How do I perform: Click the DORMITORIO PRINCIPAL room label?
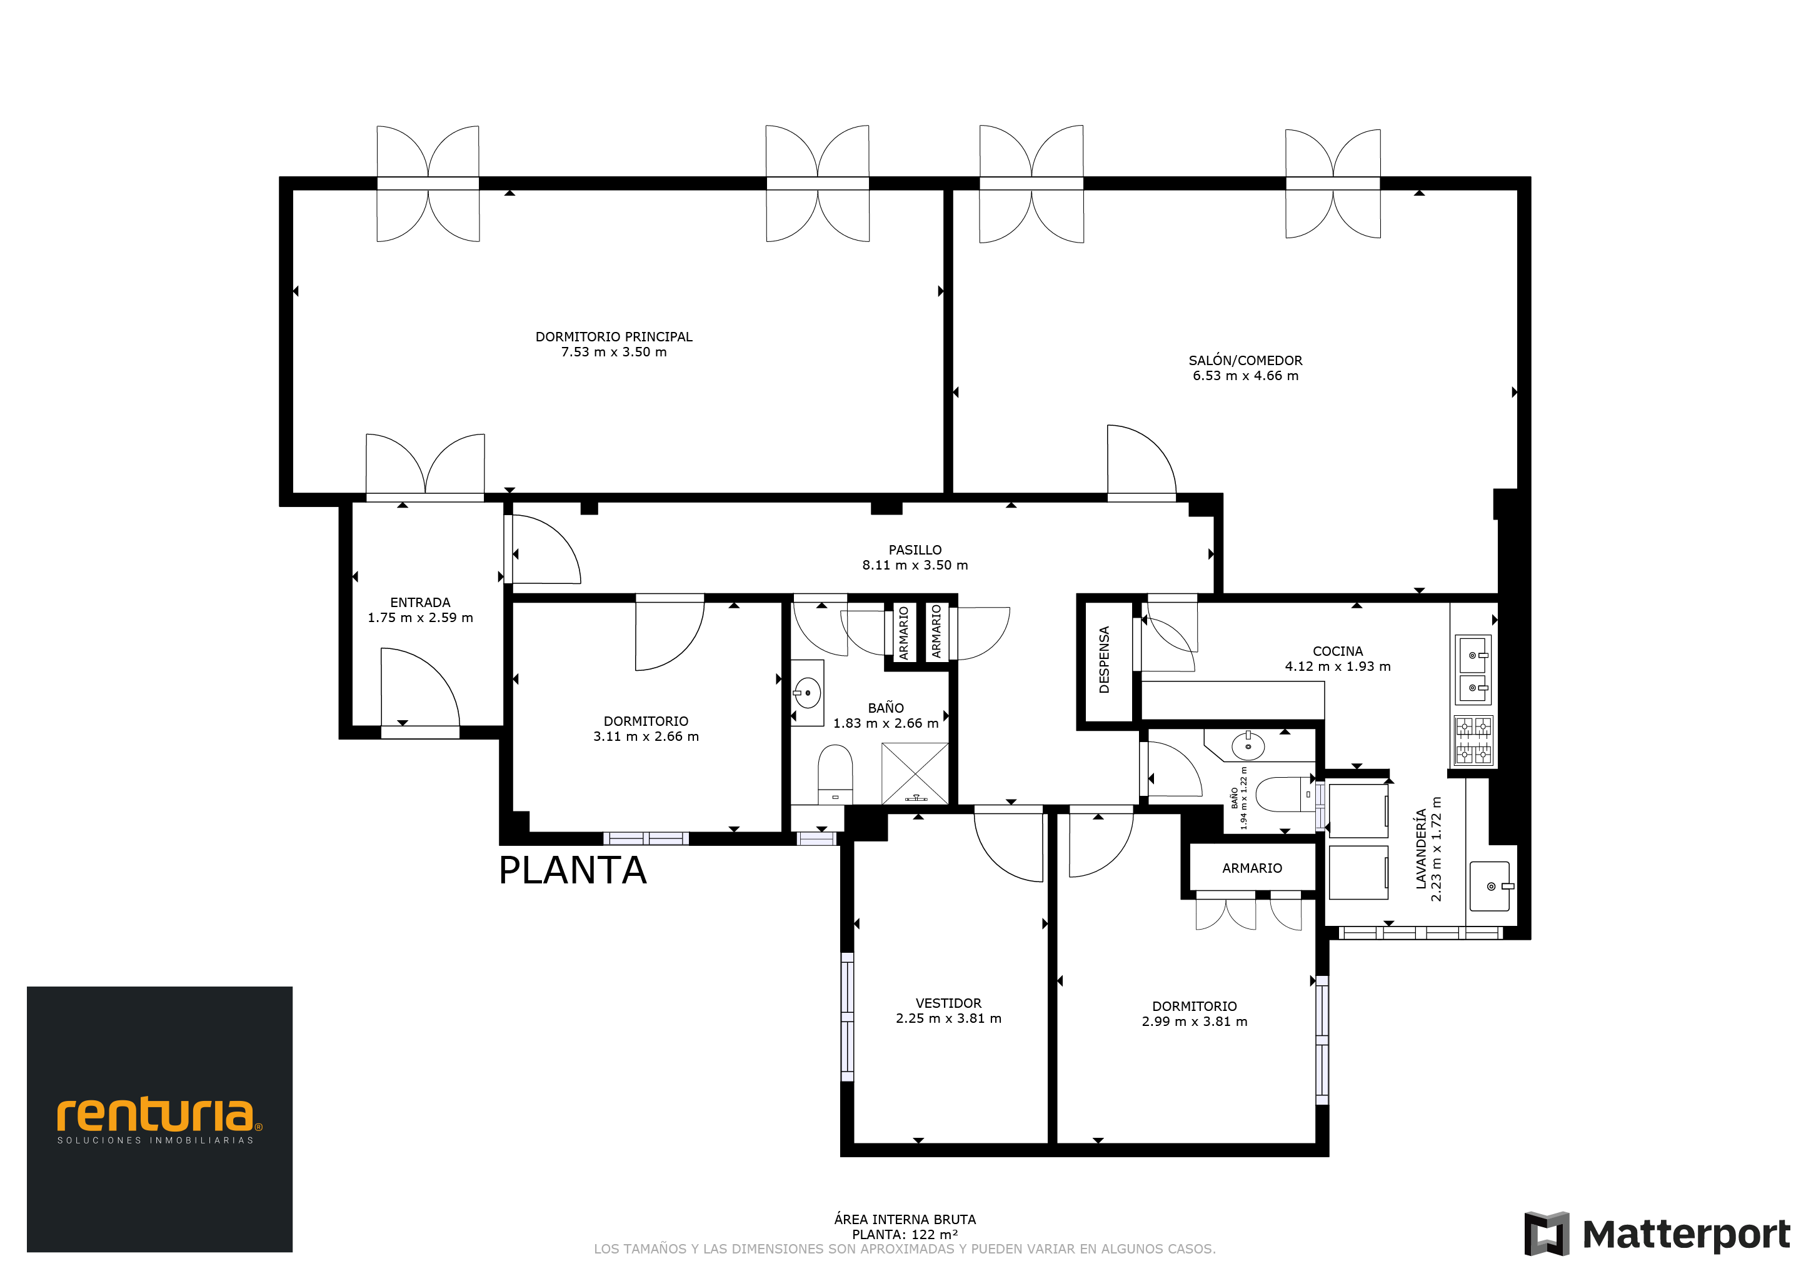pyautogui.click(x=614, y=337)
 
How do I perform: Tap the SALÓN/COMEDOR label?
pyautogui.click(x=1245, y=361)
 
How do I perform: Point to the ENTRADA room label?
pyautogui.click(x=421, y=603)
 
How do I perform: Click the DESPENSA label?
pyautogui.click(x=1104, y=660)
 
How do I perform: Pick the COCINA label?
pyautogui.click(x=1338, y=651)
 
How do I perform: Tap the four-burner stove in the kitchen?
pyautogui.click(x=1473, y=740)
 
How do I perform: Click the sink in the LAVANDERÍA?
pyautogui.click(x=1490, y=887)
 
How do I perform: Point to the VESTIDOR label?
pyautogui.click(x=948, y=1003)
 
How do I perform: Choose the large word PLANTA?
pyautogui.click(x=573, y=871)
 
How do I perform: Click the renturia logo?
pyautogui.click(x=159, y=1119)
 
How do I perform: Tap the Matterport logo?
pyautogui.click(x=1657, y=1233)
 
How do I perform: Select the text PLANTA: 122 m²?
pyautogui.click(x=905, y=1235)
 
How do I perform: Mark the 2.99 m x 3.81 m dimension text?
pyautogui.click(x=1194, y=1022)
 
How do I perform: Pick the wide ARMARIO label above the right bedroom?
pyautogui.click(x=1252, y=868)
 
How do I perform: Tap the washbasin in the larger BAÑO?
pyautogui.click(x=807, y=693)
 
